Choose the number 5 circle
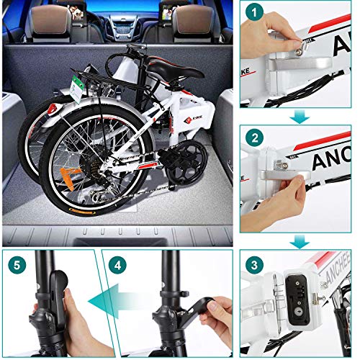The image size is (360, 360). [17, 264]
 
